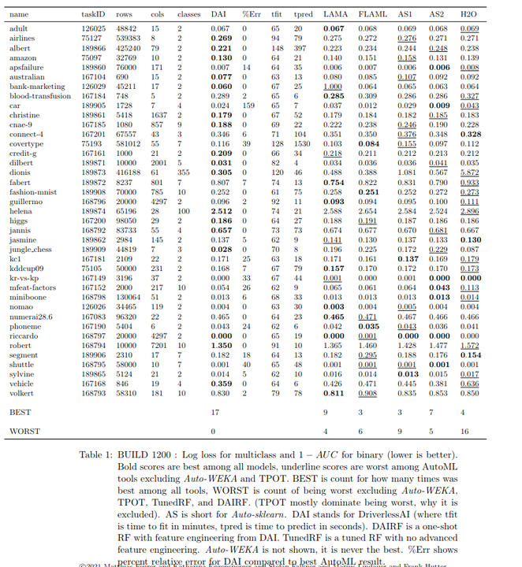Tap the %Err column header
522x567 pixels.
point(251,15)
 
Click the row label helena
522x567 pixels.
point(21,212)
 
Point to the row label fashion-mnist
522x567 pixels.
point(33,191)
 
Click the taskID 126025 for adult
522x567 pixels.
point(93,28)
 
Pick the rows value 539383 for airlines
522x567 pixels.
point(129,38)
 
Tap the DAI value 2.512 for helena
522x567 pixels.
point(222,212)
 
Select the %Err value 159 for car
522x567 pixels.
point(249,105)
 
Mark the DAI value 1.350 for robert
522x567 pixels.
point(222,344)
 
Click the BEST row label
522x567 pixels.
point(21,412)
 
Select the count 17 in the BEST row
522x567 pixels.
point(215,412)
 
